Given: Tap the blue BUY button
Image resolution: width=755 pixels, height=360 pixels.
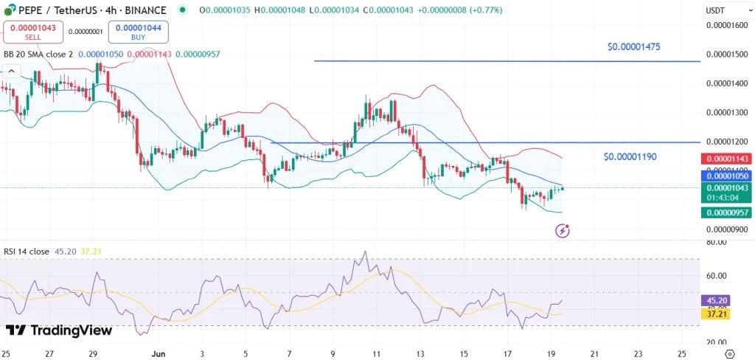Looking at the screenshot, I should click(x=139, y=31).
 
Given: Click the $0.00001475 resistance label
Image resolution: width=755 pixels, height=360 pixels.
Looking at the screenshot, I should click(x=633, y=46).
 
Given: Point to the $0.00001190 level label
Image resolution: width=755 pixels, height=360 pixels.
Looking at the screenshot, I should click(x=630, y=156).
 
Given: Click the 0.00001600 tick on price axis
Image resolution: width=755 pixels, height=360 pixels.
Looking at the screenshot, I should click(x=726, y=25).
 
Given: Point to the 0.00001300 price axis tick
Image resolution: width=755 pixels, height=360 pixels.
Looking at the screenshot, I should click(x=726, y=113).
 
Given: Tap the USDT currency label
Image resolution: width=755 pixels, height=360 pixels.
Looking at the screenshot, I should click(x=716, y=10).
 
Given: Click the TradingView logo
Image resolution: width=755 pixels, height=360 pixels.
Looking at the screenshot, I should click(x=59, y=330).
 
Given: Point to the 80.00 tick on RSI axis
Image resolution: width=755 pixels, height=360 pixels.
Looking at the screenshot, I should click(x=717, y=242).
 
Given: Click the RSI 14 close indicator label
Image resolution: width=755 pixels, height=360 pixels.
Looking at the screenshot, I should click(x=27, y=252).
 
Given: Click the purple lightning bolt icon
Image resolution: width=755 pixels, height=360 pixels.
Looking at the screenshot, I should click(x=562, y=231).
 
